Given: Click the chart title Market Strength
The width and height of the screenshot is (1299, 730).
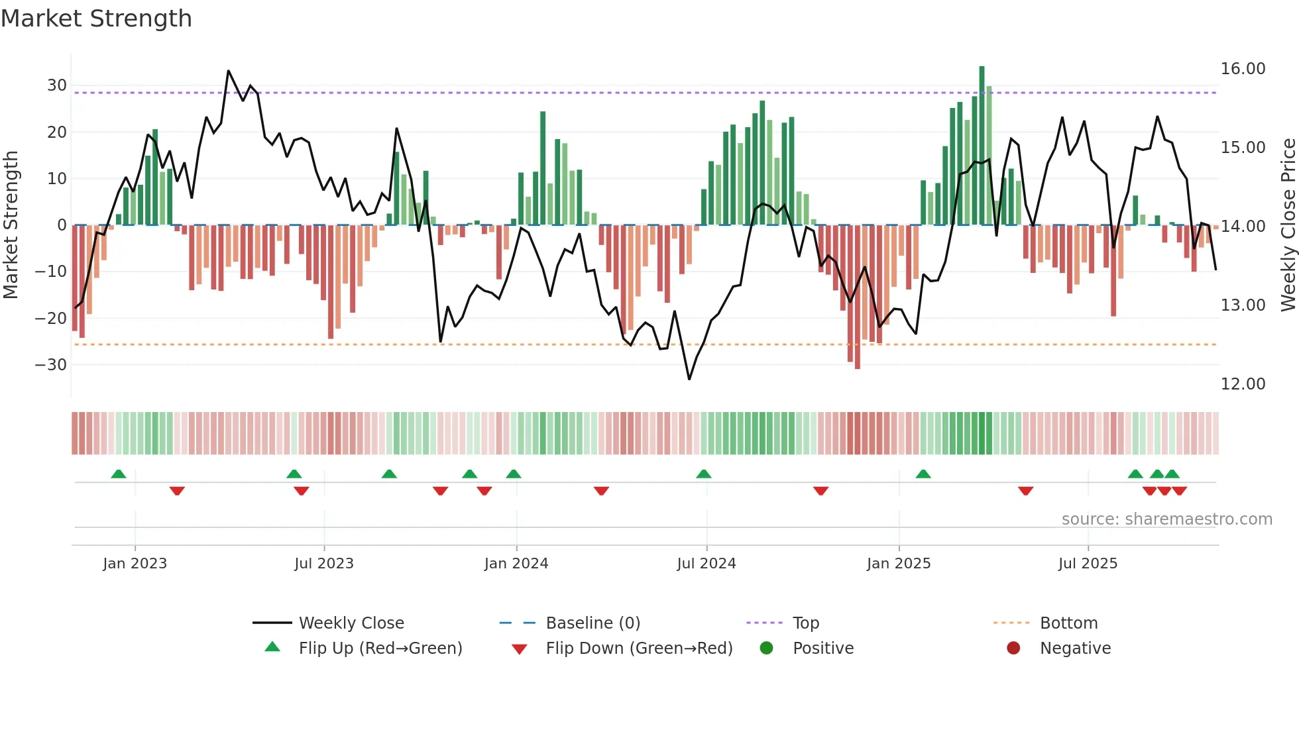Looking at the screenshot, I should coord(96,19).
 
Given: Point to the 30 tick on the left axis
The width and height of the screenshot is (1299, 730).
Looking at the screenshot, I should coord(57,85).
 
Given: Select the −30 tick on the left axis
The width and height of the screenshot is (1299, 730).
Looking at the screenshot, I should coord(51,365).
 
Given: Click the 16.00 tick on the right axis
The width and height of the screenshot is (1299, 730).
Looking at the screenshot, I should coord(1243,69).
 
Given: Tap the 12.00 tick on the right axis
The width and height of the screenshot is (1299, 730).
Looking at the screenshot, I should coord(1243,384).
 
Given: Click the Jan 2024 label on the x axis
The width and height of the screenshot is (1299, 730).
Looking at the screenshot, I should coord(516,564).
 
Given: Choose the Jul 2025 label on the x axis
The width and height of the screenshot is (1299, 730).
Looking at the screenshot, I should coord(1088,564).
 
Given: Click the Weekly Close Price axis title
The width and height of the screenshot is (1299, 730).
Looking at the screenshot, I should coord(1288,225).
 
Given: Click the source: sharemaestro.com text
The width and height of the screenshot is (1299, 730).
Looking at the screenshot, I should coord(1166,519).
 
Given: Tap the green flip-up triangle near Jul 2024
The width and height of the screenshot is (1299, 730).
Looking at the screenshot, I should coord(704,474).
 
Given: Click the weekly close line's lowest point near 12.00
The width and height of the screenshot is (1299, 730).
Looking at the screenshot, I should coord(689,379).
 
